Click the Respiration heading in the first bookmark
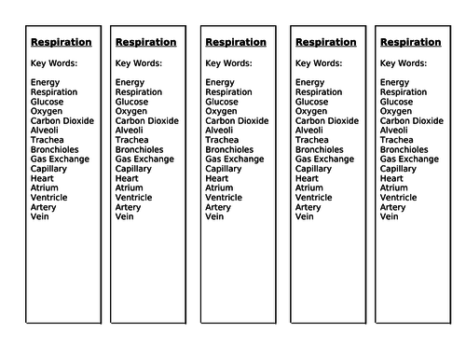tap(62, 43)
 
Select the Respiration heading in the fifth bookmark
tap(410, 43)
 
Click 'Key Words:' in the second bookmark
tap(139, 63)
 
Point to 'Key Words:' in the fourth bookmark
tap(320, 63)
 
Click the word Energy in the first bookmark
tap(45, 83)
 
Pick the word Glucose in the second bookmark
tap(131, 102)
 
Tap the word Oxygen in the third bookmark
tap(221, 111)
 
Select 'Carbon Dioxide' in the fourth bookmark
tap(325, 121)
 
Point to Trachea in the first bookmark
tap(46, 140)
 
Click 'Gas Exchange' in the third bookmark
tap(235, 159)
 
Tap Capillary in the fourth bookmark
tap(314, 169)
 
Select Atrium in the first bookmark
tap(44, 187)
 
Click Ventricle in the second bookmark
tap(135, 197)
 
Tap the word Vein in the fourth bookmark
tap(305, 216)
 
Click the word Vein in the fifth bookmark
tap(390, 216)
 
